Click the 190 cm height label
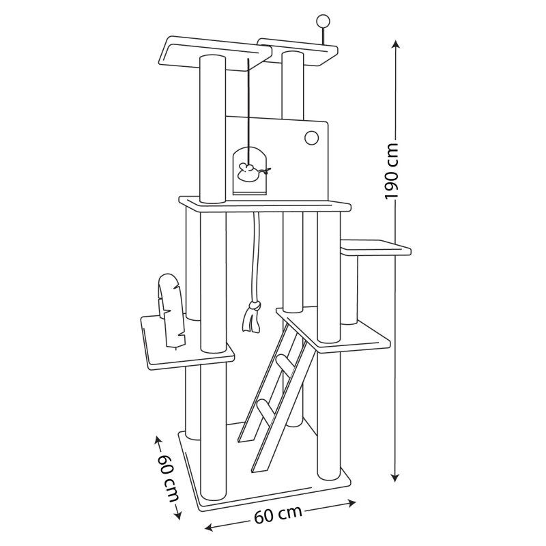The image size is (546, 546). tap(391, 170)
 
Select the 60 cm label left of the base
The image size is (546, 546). tap(168, 478)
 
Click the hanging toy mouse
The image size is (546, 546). tap(251, 173)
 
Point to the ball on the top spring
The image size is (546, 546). tap(322, 20)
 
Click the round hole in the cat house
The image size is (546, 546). tap(311, 138)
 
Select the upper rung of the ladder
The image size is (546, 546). tap(285, 363)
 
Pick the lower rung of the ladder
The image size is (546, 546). tap(265, 410)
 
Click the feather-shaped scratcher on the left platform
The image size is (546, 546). tap(171, 311)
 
